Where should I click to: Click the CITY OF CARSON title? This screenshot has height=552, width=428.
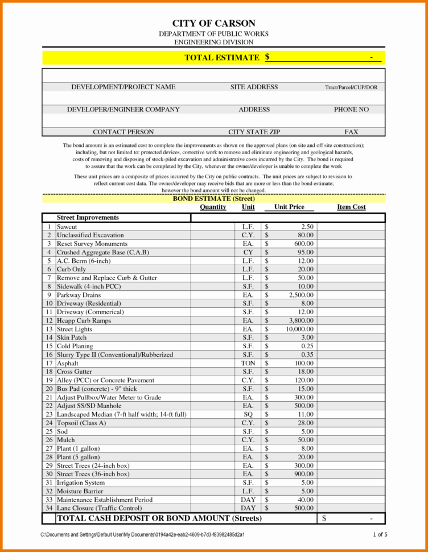point(213,23)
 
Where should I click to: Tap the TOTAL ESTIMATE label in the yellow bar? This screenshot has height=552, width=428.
point(222,57)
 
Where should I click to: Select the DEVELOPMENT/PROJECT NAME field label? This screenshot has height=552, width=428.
point(123,87)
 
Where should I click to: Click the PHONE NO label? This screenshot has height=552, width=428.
point(351,109)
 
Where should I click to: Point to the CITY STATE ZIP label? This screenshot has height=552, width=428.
point(254,132)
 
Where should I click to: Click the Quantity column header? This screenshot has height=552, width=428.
point(213,207)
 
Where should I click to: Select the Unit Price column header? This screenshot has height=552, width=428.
point(289,207)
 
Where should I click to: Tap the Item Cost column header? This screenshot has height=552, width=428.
point(351,207)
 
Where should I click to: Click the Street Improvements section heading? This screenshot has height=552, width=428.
point(88,217)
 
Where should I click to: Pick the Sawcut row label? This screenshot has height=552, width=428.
point(67,226)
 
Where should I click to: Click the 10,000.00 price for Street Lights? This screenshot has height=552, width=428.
point(299,329)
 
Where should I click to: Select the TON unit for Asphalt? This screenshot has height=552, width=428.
point(248,363)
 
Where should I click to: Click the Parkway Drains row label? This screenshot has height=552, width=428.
point(79,295)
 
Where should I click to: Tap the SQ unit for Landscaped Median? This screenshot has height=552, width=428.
point(248,414)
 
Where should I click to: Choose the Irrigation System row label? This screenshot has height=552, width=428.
point(80,483)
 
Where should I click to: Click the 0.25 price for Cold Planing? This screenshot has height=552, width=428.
point(307,346)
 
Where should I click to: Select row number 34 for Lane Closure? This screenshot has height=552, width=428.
point(49,508)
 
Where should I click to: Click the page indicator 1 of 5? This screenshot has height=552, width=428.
point(380,534)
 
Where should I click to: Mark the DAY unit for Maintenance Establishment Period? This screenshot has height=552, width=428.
point(248,500)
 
